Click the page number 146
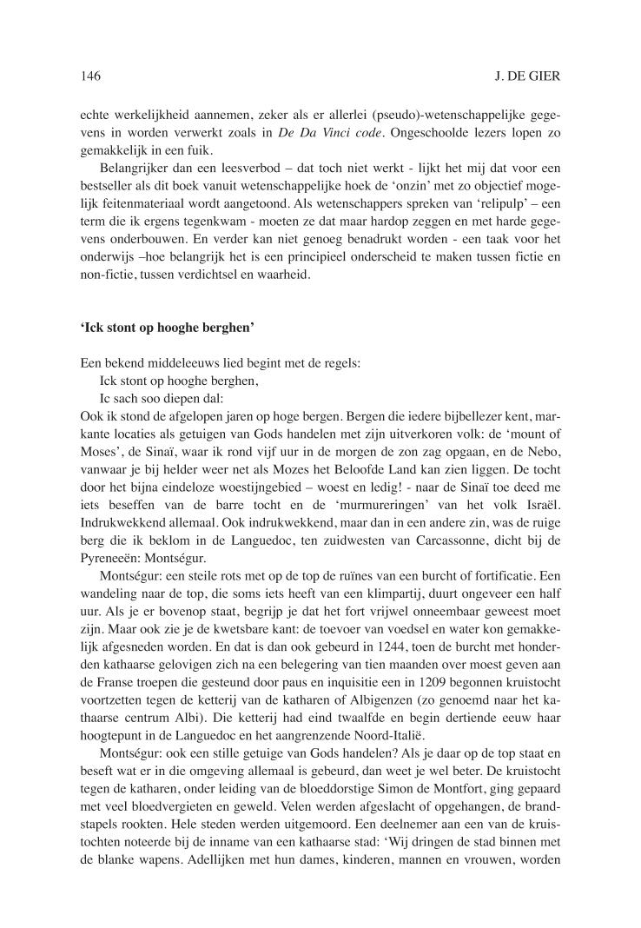pyautogui.click(x=90, y=76)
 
